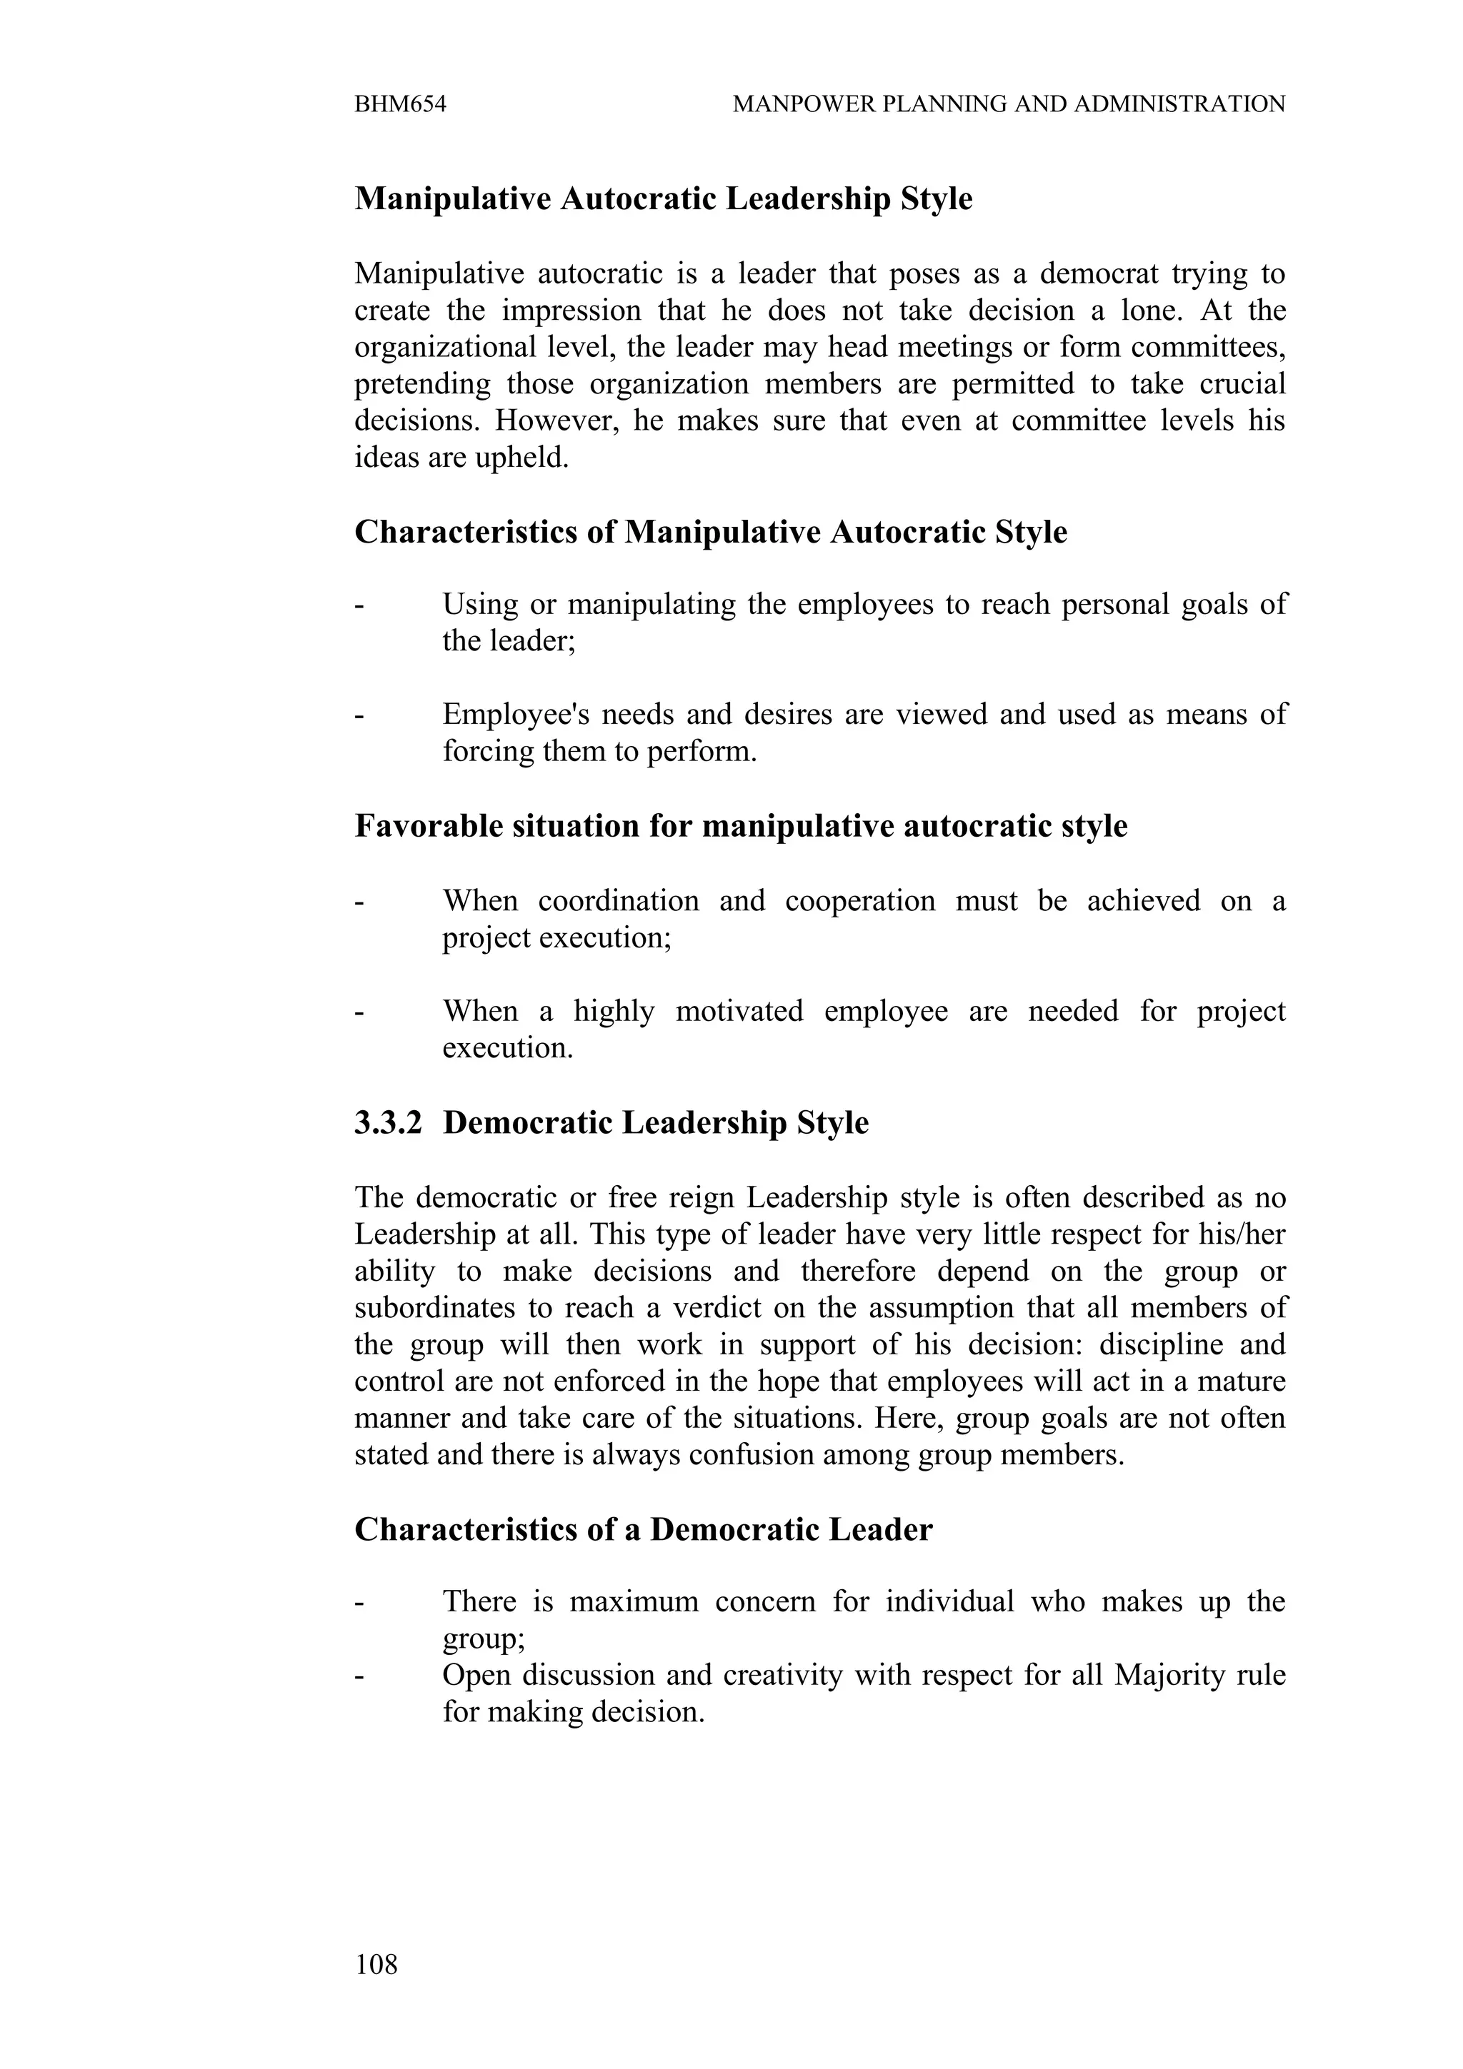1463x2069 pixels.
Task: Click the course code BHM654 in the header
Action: tap(400, 104)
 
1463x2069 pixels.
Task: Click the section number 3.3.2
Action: tap(388, 1123)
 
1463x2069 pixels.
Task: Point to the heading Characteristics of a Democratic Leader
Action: tap(643, 1529)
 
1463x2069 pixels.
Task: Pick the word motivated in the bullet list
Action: tap(739, 1011)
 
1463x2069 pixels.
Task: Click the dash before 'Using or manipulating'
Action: tap(359, 605)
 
